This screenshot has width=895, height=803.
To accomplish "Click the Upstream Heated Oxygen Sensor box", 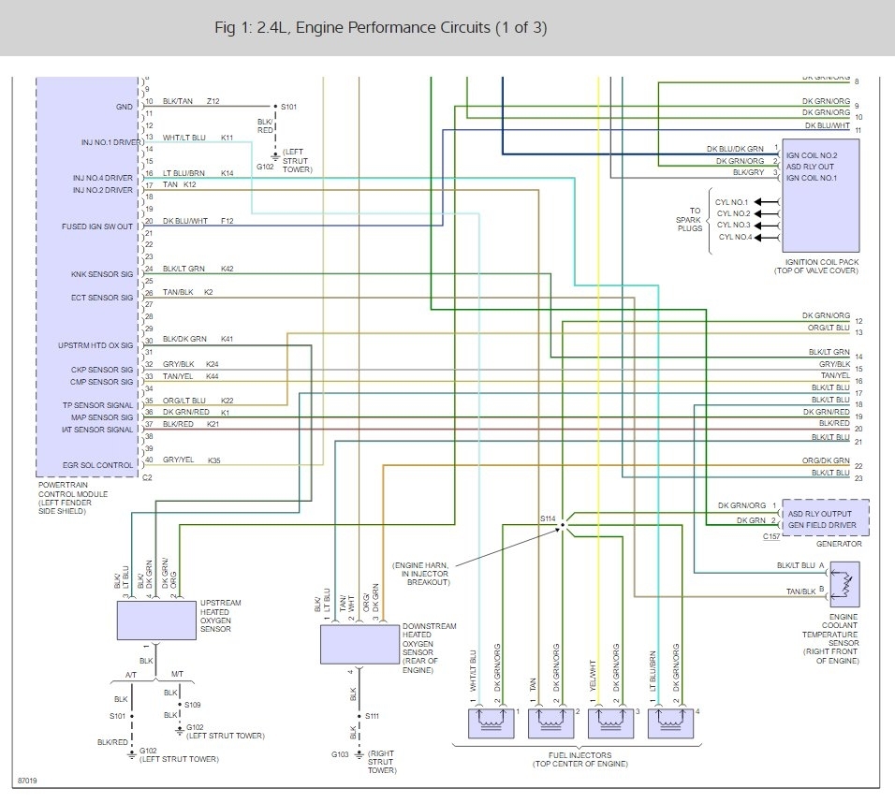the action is coord(156,620).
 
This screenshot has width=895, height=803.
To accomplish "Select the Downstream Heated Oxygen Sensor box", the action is coord(359,644).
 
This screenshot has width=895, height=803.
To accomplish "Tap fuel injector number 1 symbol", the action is coord(491,723).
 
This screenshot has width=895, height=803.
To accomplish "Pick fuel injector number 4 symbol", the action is coord(670,723).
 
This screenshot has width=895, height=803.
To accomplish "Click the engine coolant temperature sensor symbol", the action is coord(844,584).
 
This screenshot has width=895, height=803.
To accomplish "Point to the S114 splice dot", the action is coord(563,525).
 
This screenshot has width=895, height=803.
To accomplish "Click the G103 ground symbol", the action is coord(359,754).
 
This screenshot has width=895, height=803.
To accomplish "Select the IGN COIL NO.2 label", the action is coord(812,155).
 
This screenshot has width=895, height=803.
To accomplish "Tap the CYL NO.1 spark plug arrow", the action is coord(766,201).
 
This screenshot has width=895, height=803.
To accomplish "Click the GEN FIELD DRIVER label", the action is coord(822,525).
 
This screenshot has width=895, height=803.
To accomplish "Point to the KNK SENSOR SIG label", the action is coord(102,274).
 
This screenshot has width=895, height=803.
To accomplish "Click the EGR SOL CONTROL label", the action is coord(97,465).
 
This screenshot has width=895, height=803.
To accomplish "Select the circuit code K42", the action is coord(227,269).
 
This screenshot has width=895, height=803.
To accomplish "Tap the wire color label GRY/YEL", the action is coord(178,460).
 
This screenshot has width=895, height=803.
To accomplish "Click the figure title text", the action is coord(381,27).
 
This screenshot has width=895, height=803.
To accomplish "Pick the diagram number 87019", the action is coord(27,781).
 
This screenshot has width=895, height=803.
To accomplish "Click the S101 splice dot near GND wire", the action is coord(275,106).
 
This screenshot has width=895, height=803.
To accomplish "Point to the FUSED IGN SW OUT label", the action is coord(97,226).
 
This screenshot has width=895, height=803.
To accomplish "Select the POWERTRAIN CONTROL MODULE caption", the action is coord(73,498).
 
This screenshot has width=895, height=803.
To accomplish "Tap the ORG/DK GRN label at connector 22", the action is coord(826,460).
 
